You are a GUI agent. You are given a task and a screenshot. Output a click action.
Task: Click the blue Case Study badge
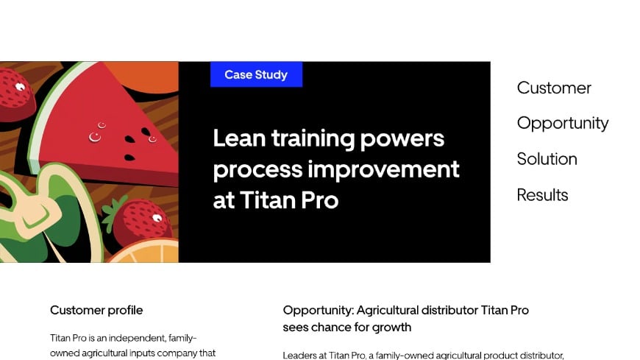256,74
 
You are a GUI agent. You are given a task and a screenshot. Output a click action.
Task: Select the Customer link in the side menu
554,88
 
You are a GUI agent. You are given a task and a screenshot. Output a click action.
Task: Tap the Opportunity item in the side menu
563,123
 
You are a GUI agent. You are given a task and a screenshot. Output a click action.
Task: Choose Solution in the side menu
547,159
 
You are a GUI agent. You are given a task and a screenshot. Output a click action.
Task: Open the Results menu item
542,195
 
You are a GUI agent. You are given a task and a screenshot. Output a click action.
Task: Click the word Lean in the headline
239,138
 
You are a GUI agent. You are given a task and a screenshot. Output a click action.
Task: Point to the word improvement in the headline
383,169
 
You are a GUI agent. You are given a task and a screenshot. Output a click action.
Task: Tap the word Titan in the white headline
269,200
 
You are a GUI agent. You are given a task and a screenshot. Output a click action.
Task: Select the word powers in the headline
408,139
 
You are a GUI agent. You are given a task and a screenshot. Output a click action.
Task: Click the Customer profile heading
96,310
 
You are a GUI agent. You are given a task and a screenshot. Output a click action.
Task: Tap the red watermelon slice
118,125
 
